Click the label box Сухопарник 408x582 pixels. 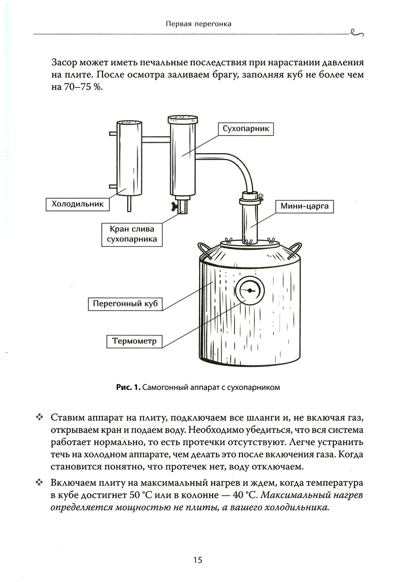pyautogui.click(x=246, y=129)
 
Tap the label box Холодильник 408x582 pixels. pyautogui.click(x=78, y=204)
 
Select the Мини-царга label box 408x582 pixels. pyautogui.click(x=304, y=206)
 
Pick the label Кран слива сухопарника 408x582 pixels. pyautogui.click(x=131, y=234)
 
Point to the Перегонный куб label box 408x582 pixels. pyautogui.click(x=125, y=304)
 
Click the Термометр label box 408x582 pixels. pyautogui.click(x=134, y=341)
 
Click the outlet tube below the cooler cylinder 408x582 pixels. pyautogui.click(x=129, y=203)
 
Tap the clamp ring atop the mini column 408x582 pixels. pyautogui.click(x=250, y=200)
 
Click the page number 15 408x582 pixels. pyautogui.click(x=197, y=560)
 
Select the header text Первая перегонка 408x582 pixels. pyautogui.click(x=199, y=24)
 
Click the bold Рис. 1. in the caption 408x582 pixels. pyautogui.click(x=128, y=387)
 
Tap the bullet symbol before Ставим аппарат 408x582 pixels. pyautogui.click(x=40, y=417)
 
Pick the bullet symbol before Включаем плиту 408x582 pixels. pyautogui.click(x=40, y=483)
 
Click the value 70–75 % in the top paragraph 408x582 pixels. pyautogui.click(x=76, y=88)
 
